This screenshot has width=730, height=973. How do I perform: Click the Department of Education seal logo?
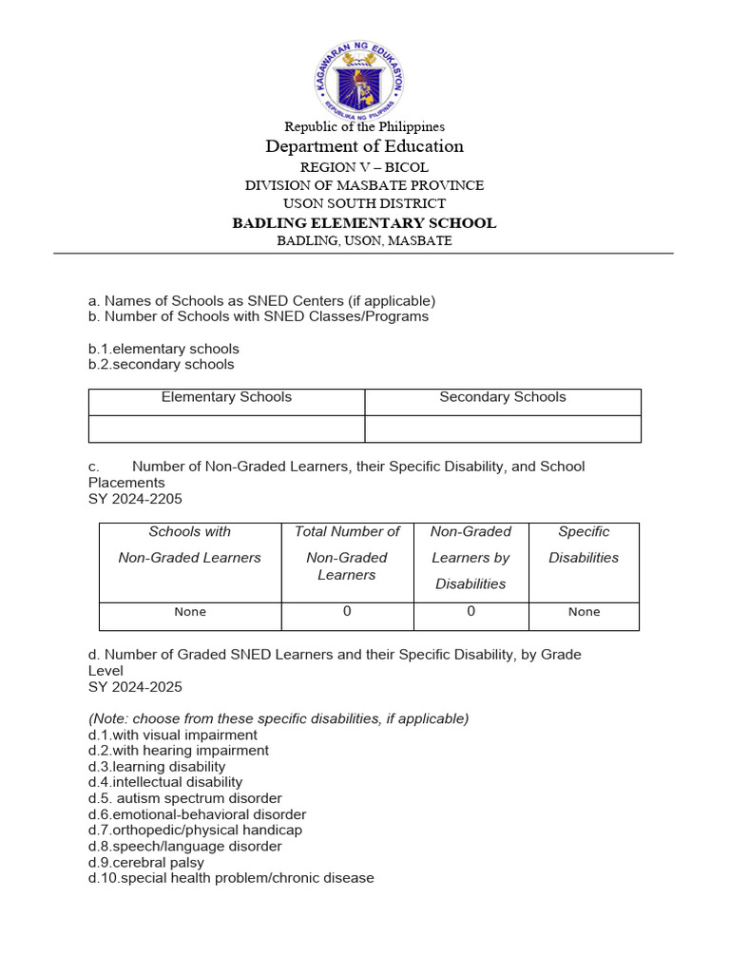click(359, 79)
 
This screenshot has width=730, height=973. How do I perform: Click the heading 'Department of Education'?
click(365, 146)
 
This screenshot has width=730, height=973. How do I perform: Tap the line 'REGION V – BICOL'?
click(364, 167)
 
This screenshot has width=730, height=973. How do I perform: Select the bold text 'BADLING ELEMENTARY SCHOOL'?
click(364, 223)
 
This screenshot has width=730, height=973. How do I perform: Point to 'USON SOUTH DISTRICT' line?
click(364, 203)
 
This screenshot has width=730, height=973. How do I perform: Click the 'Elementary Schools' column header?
click(226, 397)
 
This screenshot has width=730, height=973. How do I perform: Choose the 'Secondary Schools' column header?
click(502, 397)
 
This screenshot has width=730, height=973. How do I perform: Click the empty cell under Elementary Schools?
click(226, 429)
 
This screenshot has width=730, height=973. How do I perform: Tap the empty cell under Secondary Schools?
click(502, 429)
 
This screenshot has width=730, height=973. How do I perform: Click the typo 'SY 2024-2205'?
click(135, 499)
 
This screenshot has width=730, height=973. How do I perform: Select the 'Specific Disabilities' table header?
click(584, 544)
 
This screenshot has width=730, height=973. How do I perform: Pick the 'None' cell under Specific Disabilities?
click(584, 612)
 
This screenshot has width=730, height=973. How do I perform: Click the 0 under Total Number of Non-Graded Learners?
click(347, 612)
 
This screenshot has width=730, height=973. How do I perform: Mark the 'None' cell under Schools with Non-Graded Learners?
click(190, 612)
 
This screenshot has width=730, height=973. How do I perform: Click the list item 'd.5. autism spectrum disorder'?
click(185, 798)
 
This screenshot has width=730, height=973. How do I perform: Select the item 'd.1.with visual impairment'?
click(173, 735)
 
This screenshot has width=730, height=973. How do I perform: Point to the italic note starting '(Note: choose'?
click(279, 718)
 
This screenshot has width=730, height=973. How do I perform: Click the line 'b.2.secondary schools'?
click(161, 364)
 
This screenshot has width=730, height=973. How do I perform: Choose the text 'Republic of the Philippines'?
click(365, 126)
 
